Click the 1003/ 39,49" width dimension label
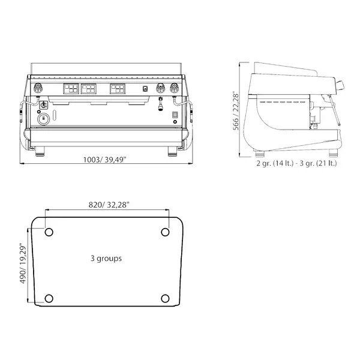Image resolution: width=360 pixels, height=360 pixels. tap(106, 160)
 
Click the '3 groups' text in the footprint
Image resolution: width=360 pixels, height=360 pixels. tap(106, 259)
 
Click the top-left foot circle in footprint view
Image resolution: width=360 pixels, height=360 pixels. tap(49, 232)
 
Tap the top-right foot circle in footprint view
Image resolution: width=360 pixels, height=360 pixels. tap(165, 232)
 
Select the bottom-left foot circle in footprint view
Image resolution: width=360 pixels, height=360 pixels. tap(49, 298)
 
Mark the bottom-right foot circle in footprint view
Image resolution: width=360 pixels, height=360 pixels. tap(165, 298)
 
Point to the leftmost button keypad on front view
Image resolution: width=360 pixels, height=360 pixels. tap(70, 89)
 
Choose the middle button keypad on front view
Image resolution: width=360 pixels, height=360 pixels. tap(88, 89)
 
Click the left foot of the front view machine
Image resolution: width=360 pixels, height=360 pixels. tap(40, 150)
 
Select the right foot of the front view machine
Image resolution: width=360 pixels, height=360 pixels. tap(172, 150)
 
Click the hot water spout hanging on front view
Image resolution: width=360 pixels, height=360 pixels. tap(160, 106)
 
